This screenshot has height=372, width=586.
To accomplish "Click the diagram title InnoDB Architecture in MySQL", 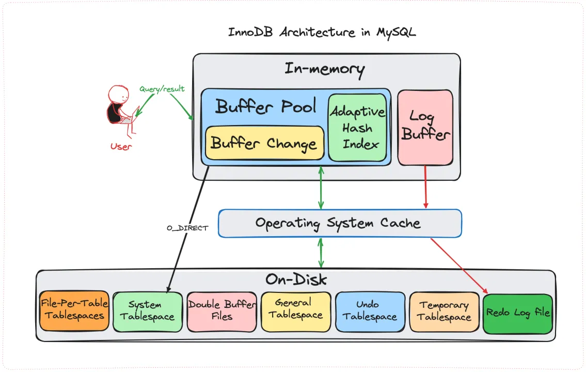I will pos(322,32).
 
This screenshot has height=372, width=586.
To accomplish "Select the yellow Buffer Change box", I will pos(264,143).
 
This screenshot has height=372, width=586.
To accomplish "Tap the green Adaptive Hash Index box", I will pos(357,128).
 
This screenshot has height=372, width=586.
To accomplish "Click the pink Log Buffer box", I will pos(425,127).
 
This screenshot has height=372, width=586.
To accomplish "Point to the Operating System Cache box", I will pos(339,223).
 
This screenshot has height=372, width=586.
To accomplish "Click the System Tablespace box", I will pos(148,311).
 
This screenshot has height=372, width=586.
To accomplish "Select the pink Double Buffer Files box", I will pos(221,311).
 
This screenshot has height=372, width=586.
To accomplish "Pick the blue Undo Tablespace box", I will pos(369,311).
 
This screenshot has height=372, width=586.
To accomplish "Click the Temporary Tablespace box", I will pos(444,311).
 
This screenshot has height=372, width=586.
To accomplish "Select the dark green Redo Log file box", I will pos(518,313).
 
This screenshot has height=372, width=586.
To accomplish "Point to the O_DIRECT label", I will pos(187,227).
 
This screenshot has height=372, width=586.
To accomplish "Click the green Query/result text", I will pos(162,89).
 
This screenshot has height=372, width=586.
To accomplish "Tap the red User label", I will pos(121,146).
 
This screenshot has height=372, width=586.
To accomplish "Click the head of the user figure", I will pos(119,95).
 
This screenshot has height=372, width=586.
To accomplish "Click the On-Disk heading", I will pos(296,280).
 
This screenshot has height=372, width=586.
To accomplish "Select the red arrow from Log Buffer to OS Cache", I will pos(425,187).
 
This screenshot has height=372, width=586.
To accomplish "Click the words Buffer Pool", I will pos(265,106).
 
